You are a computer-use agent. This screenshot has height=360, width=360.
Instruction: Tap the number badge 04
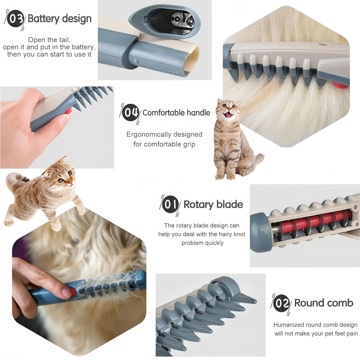[130, 112]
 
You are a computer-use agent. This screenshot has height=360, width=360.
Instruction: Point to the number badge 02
[282, 303]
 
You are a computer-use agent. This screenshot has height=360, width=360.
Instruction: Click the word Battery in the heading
[44, 19]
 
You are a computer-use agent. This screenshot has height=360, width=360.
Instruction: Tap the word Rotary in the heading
[198, 204]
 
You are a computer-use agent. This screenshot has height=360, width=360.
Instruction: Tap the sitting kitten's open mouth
[229, 114]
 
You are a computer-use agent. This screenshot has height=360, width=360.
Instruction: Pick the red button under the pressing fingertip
[72, 292]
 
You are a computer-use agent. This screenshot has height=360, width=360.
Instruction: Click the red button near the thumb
[68, 112]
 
